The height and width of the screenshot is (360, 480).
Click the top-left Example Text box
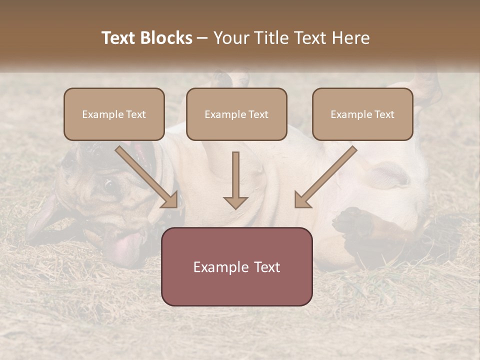coord(114,114)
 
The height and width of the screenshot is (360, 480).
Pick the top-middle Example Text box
coord(236,114)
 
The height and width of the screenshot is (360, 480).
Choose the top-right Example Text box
coord(362,114)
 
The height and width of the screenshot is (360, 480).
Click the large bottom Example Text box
coord(236,266)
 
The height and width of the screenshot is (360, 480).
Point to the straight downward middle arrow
coord(235,180)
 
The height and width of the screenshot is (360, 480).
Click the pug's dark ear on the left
coord(40,220)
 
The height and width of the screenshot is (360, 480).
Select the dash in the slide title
coord(202,38)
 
